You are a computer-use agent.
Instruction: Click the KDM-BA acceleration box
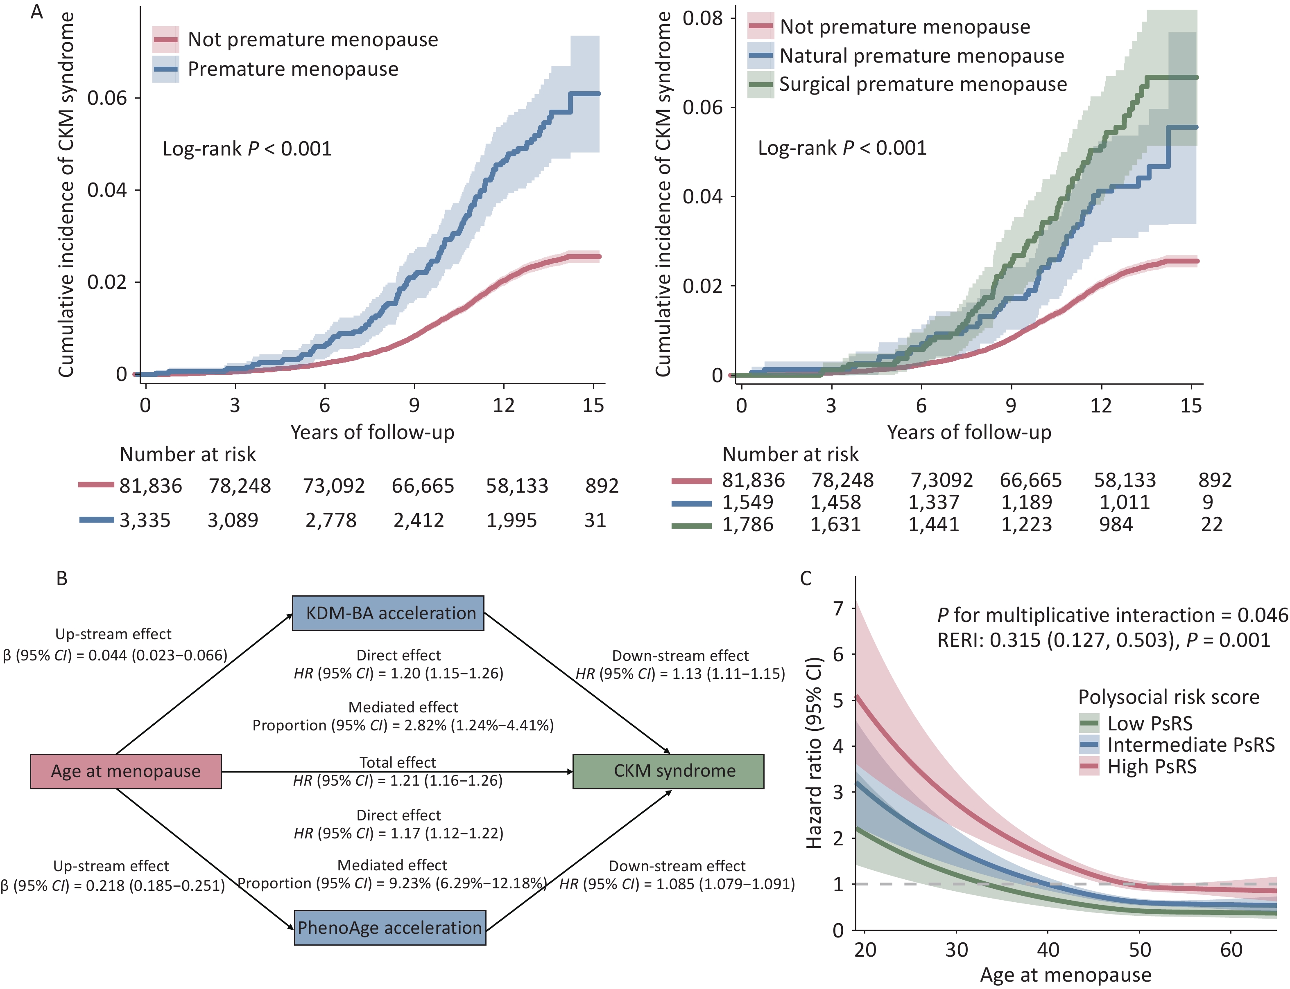[x=388, y=613]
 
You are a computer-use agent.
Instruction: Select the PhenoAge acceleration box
[x=390, y=928]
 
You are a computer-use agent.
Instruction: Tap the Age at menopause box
[x=125, y=771]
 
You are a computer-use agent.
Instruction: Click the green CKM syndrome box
[x=668, y=771]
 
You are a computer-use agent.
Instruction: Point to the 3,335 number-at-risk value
[x=145, y=520]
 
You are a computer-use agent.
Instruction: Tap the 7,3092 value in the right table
[x=941, y=480]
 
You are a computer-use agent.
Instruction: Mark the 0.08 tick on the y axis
[x=702, y=18]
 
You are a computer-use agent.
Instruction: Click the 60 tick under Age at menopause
[x=1231, y=950]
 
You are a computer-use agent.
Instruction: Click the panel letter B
[x=62, y=579]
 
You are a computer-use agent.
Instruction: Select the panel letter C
[x=806, y=579]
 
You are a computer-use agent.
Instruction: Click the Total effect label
[x=398, y=762]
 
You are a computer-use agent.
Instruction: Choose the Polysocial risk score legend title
[x=1169, y=697]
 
